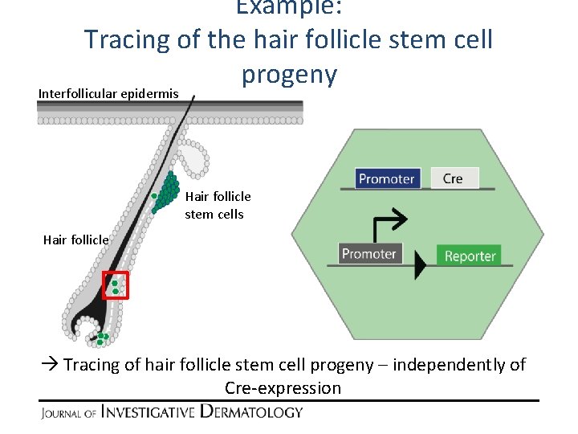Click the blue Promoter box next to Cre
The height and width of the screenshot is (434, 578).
tap(386, 178)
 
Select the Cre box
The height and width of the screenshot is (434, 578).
tap(454, 178)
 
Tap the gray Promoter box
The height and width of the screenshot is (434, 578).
tap(368, 254)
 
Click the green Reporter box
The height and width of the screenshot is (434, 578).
tap(470, 256)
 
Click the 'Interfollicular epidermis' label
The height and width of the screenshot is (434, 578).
tap(108, 94)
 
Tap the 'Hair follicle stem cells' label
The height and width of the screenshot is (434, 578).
tap(218, 205)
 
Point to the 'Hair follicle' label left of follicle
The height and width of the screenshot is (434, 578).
tap(75, 240)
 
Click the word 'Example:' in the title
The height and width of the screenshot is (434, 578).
tap(288, 8)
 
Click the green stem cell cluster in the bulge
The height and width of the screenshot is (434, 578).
tap(166, 191)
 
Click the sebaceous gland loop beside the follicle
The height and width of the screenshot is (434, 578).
tap(194, 157)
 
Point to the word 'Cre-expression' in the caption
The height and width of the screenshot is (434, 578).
tap(283, 388)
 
